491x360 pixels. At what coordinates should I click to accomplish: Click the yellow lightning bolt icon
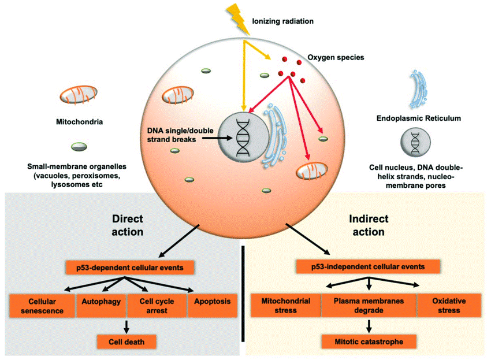point(237,16)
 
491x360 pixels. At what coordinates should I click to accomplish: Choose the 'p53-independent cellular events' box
point(368,267)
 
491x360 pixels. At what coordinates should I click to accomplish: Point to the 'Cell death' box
point(128,342)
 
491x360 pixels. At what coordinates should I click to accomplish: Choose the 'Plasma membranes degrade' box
point(369,306)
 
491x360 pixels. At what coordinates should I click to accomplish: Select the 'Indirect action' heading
point(368,225)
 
